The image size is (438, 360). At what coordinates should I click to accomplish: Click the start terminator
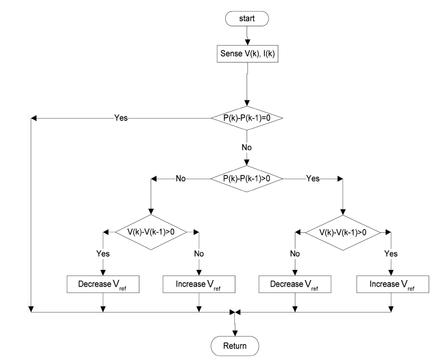coord(247,19)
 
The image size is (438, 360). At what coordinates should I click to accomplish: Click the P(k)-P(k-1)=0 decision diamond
coord(247,117)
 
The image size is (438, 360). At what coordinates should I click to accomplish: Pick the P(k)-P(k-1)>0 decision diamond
coord(247,179)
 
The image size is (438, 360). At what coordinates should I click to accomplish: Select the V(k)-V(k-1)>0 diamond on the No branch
coord(151,232)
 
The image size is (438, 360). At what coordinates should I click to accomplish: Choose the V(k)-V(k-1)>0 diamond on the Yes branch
coord(343,232)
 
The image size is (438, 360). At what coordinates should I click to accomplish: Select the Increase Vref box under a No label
coord(199,284)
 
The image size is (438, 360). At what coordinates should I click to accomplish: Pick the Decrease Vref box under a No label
coord(294,284)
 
